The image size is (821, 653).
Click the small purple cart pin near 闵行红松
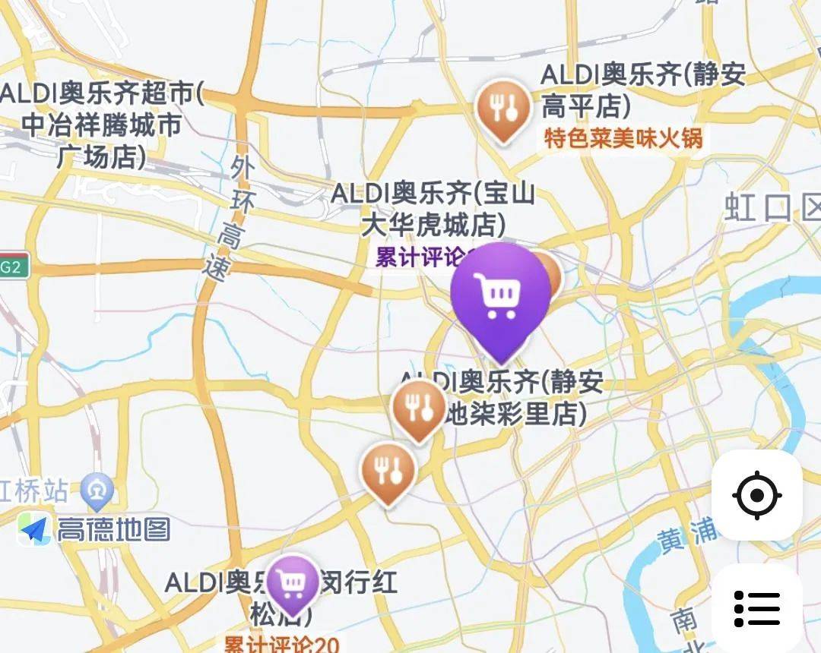[x=293, y=582]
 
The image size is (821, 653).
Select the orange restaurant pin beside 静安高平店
[x=502, y=109]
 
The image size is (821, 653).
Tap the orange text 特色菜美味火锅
[x=623, y=138]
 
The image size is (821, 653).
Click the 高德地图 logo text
[x=114, y=529]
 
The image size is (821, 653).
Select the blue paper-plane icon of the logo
[x=34, y=529]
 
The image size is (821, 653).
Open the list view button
[x=757, y=608]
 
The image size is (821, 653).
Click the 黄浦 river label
[x=688, y=535]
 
